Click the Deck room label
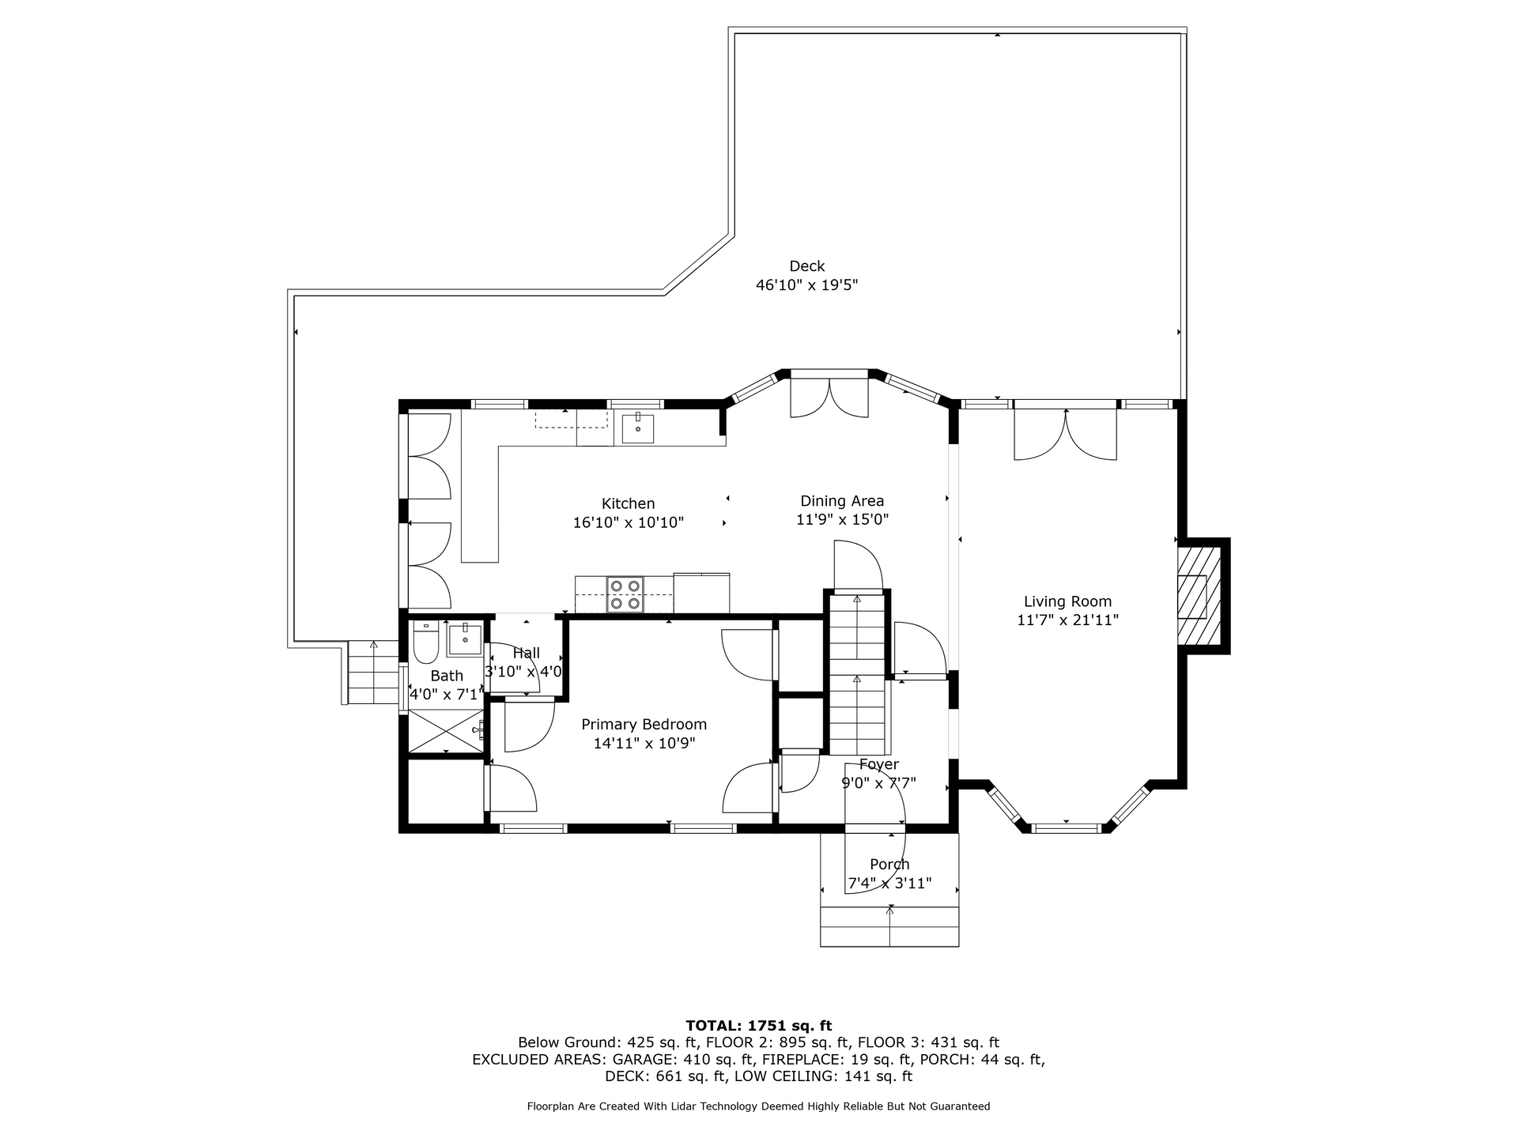806,266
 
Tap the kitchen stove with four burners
625,594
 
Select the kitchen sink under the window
637,428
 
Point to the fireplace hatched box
1194,595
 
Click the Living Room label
1067,601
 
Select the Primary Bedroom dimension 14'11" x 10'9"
644,743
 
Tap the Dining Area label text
842,501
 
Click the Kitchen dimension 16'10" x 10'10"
629,522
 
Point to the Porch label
889,865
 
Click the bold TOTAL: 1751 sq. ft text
758,1026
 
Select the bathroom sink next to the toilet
466,639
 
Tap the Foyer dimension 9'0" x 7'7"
878,783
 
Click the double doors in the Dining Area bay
829,397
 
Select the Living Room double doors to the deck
1066,433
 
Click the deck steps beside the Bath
372,673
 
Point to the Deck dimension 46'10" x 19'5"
806,285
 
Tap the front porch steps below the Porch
889,926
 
